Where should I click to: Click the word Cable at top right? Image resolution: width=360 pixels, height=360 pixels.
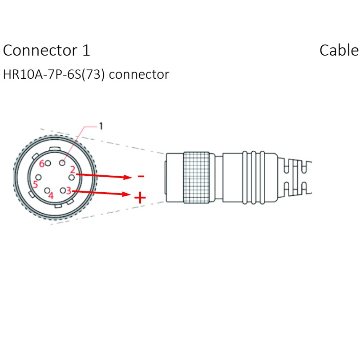(339, 51)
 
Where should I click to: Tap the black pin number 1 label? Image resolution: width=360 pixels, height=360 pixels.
(101, 126)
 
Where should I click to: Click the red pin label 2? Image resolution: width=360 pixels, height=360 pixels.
(72, 170)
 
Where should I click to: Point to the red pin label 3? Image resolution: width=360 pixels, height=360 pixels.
(68, 190)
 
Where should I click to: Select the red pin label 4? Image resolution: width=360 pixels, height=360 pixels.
(51, 195)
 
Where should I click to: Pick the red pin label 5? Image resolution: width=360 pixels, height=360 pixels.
(35, 184)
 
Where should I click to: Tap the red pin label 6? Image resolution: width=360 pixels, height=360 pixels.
(42, 163)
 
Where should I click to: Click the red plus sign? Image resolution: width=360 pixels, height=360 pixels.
(140, 197)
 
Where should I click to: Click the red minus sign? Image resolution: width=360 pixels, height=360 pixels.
(141, 177)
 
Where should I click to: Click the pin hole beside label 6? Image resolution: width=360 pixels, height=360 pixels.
(48, 163)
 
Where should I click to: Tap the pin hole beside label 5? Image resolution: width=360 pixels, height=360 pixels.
(39, 177)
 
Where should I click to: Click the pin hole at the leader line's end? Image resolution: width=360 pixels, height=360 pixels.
(63, 163)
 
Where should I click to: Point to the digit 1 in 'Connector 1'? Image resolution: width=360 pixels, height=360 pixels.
(86, 51)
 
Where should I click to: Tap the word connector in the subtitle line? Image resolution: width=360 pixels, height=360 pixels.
(139, 74)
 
